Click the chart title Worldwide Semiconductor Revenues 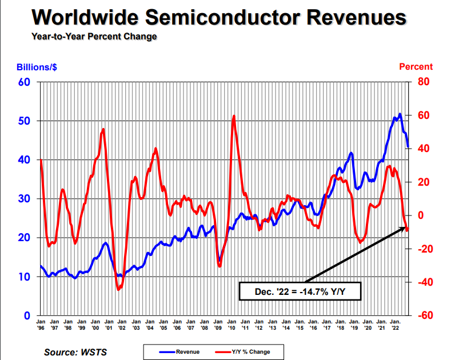pyautogui.click(x=219, y=17)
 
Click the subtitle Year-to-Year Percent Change pyautogui.click(x=94, y=37)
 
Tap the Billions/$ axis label pyautogui.click(x=37, y=67)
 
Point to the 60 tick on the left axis pyautogui.click(x=24, y=82)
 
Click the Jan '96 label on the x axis pyautogui.click(x=41, y=324)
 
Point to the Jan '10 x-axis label pyautogui.click(x=231, y=324)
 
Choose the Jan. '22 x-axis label pyautogui.click(x=395, y=324)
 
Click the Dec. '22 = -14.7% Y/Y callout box pyautogui.click(x=299, y=291)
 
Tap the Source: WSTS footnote pyautogui.click(x=75, y=352)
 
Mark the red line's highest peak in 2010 pyautogui.click(x=234, y=116)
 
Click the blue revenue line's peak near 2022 pyautogui.click(x=400, y=114)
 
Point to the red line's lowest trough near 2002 pyautogui.click(x=119, y=290)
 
